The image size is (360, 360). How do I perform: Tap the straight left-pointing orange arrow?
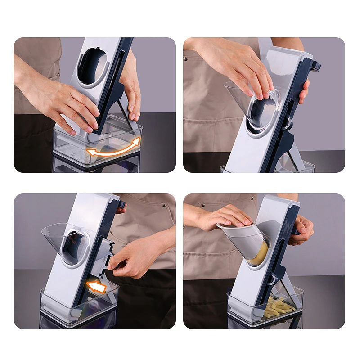point(97,286)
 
